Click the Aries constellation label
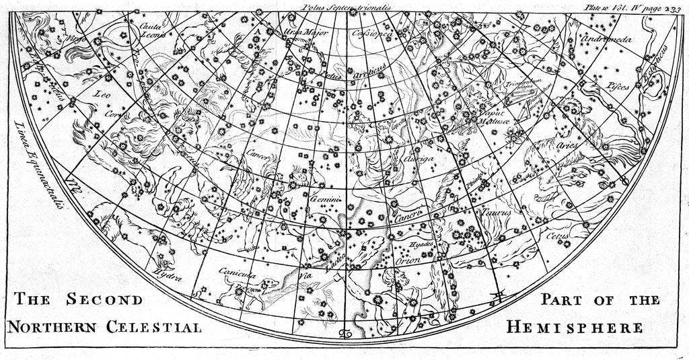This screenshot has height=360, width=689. [x=568, y=145]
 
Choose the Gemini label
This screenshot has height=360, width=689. [x=326, y=200]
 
